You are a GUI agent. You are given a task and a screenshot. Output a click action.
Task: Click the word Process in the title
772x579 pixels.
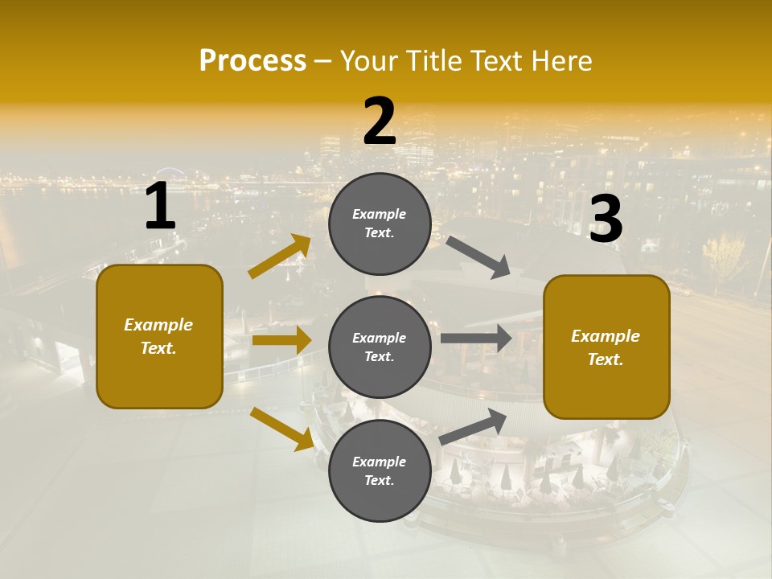tap(253, 61)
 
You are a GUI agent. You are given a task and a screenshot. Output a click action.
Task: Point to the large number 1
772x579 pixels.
tap(160, 207)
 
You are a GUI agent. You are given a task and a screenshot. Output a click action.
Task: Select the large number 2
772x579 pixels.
tap(380, 121)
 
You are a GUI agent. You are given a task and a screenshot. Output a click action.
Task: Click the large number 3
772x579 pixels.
tap(606, 220)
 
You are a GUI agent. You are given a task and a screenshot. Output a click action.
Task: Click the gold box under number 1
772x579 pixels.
tap(159, 336)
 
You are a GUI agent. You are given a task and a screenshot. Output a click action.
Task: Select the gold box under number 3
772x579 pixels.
tap(606, 347)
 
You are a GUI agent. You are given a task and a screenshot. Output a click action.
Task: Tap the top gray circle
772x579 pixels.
tap(380, 224)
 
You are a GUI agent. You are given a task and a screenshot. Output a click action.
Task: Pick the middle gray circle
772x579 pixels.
tap(380, 347)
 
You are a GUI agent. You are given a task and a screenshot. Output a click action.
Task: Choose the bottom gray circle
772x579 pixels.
tap(380, 470)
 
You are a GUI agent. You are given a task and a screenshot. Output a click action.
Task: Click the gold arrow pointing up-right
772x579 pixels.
tap(280, 257)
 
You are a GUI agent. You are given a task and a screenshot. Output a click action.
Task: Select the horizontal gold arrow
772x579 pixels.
tap(281, 340)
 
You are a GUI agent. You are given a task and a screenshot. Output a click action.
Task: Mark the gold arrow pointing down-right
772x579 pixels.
tap(281, 428)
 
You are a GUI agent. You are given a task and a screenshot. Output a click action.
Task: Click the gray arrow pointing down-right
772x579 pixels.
tap(478, 257)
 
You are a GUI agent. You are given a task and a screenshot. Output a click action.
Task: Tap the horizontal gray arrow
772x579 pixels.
tap(476, 338)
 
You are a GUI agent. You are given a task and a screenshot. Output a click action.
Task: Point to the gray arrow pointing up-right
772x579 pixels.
tap(473, 426)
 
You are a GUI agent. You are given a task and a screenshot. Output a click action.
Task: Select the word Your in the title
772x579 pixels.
tap(368, 61)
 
